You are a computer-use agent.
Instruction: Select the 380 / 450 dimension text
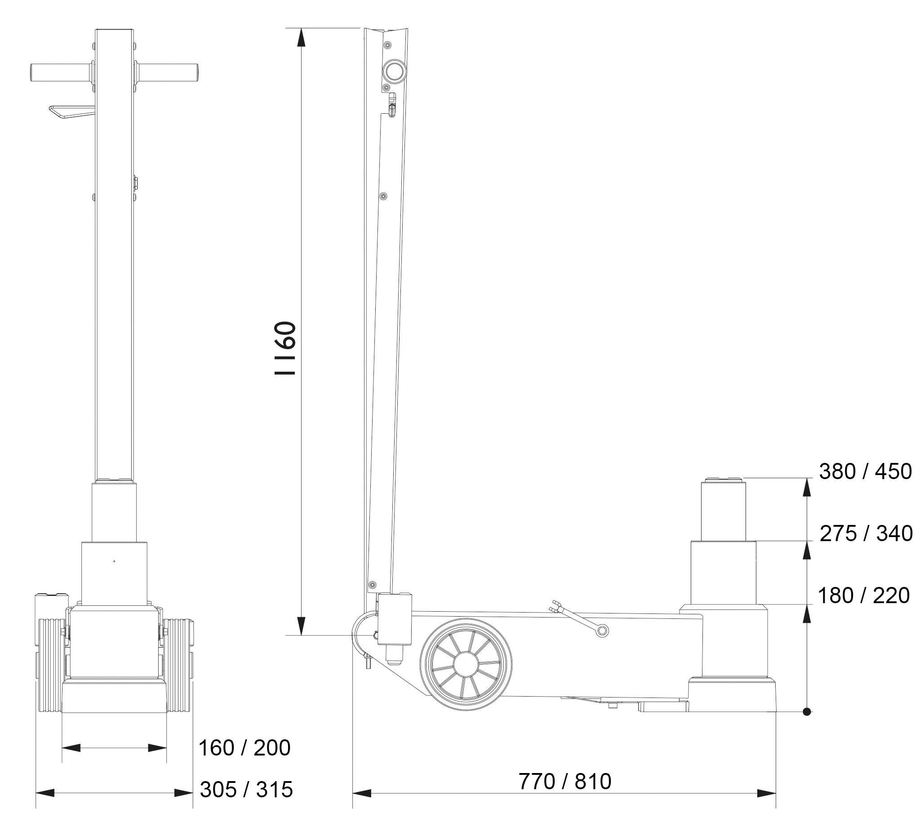pyautogui.click(x=865, y=471)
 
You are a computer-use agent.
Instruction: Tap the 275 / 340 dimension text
pyautogui.click(x=866, y=533)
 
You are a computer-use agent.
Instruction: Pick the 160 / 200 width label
pyautogui.click(x=244, y=748)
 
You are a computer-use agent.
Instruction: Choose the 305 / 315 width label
pyautogui.click(x=247, y=790)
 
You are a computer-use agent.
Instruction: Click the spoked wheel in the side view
pyautogui.click(x=466, y=665)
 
